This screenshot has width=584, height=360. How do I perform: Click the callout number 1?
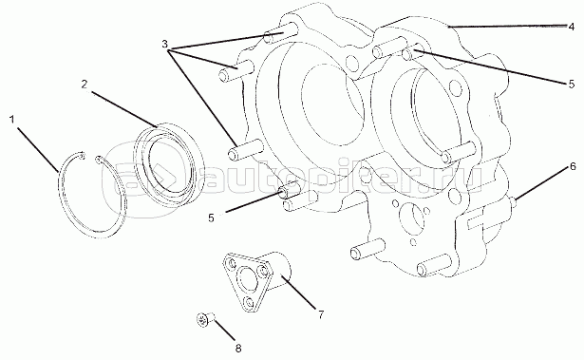point(12,120)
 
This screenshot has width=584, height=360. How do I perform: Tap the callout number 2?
point(85,85)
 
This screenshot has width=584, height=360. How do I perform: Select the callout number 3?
point(165,44)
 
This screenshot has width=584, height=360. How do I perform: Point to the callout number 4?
point(572,27)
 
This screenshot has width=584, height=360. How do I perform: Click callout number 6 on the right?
point(573,166)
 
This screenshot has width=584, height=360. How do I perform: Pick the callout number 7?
point(321,314)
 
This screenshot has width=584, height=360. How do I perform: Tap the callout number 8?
point(238,349)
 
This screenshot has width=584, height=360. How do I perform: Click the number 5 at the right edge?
point(572,85)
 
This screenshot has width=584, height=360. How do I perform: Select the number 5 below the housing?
point(211,218)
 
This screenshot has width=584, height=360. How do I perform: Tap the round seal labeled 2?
point(169,164)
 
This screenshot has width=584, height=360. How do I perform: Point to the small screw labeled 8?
point(206,319)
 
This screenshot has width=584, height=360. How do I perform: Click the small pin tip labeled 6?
point(513,202)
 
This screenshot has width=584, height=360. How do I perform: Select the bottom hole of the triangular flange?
point(249,301)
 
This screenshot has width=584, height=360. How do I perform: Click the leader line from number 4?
point(507,27)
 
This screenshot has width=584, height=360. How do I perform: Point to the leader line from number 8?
point(224,330)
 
